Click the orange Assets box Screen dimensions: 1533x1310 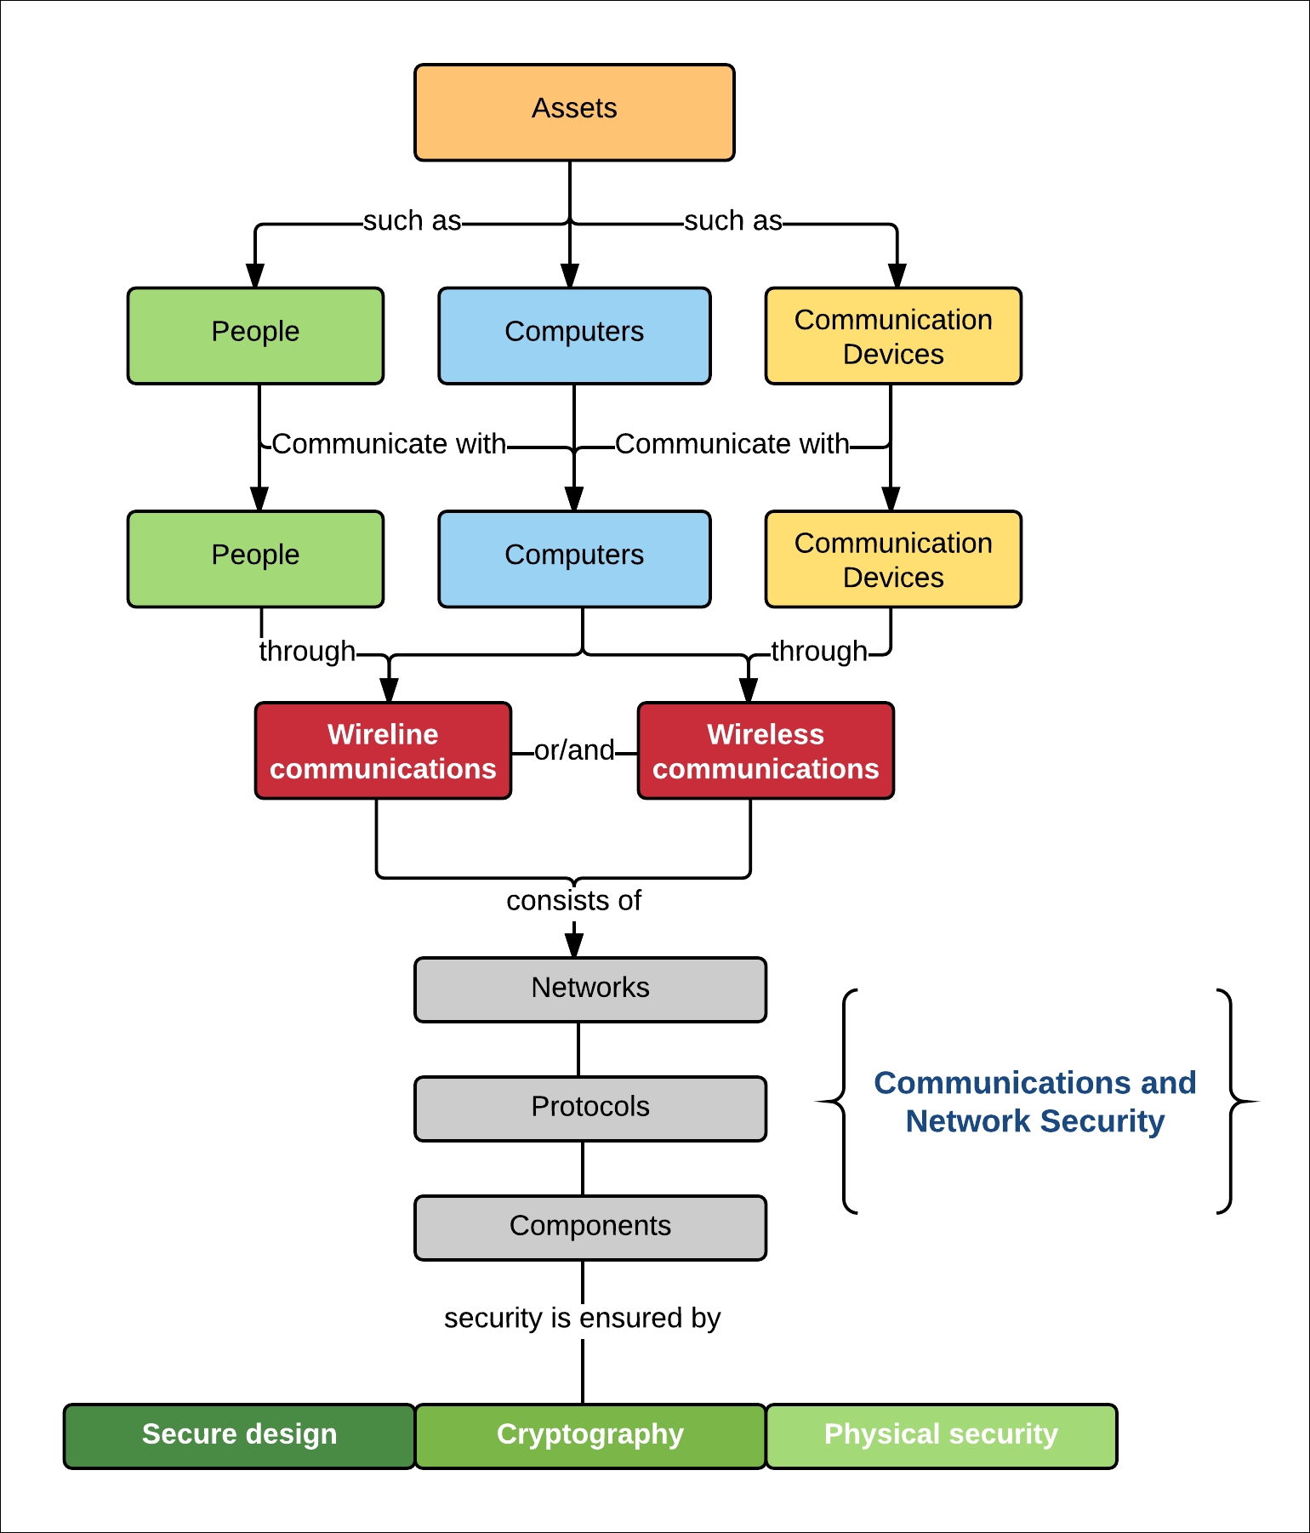pyautogui.click(x=574, y=112)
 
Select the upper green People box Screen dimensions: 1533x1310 pyautogui.click(x=255, y=335)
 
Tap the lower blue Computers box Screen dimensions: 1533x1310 pyautogui.click(x=574, y=559)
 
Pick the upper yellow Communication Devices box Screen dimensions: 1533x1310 pyautogui.click(x=893, y=335)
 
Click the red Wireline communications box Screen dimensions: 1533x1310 pyautogui.click(x=383, y=750)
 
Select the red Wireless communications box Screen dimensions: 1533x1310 pyautogui.click(x=766, y=750)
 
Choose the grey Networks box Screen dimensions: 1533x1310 pyautogui.click(x=590, y=989)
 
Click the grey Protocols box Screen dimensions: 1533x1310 pyautogui.click(x=590, y=1108)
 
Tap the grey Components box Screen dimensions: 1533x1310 pyautogui.click(x=590, y=1228)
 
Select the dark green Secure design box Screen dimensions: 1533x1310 pyautogui.click(x=239, y=1436)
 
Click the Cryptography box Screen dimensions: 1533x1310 pyautogui.click(x=590, y=1436)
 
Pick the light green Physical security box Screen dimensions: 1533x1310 pyautogui.click(x=941, y=1436)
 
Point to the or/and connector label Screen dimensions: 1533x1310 pyautogui.click(x=574, y=750)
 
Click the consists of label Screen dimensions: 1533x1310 pyautogui.click(x=574, y=900)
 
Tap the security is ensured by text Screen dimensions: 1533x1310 pyautogui.click(x=583, y=1318)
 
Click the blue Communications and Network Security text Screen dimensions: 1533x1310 pyautogui.click(x=1035, y=1102)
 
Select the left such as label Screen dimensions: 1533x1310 pyautogui.click(x=413, y=221)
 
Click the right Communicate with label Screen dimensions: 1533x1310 pyautogui.click(x=732, y=444)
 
